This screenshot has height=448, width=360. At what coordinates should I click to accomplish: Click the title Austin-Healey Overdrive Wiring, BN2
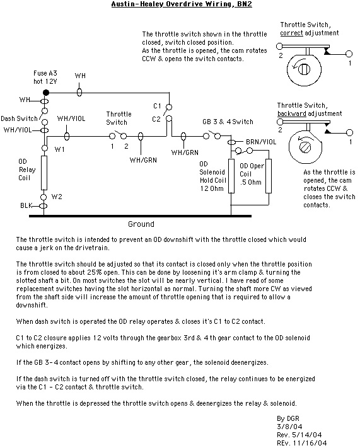[x=182, y=4]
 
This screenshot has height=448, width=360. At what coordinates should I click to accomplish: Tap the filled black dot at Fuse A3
[x=46, y=93]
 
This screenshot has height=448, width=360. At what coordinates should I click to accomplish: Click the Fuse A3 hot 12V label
[x=45, y=77]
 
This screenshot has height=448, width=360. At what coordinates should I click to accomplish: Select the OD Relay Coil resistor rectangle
[x=44, y=173]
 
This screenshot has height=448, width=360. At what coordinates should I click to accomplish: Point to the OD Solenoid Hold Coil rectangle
[x=231, y=176]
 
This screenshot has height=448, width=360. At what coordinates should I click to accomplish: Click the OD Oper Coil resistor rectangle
[x=269, y=176]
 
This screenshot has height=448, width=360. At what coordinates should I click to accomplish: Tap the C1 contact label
[x=157, y=106]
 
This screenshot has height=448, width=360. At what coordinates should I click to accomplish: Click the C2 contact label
[x=156, y=119]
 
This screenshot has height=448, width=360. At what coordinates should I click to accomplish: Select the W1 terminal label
[x=59, y=149]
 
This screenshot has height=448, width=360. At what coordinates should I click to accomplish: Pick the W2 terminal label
[x=57, y=197]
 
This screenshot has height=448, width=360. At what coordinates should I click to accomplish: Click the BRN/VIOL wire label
[x=261, y=142]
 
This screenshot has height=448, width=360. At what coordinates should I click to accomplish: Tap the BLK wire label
[x=26, y=205]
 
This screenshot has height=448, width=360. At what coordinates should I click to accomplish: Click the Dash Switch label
[x=19, y=118]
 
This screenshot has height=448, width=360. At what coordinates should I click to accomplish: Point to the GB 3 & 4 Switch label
[x=228, y=122]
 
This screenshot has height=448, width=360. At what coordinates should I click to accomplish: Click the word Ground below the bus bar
[x=141, y=224]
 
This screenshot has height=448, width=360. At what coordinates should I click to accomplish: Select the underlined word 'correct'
[x=291, y=33]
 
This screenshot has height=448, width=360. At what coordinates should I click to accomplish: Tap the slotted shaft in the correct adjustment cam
[x=304, y=69]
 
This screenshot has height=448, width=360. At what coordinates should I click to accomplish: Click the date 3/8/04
[x=289, y=427]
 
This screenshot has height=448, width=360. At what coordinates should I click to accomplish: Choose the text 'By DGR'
[x=288, y=418]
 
